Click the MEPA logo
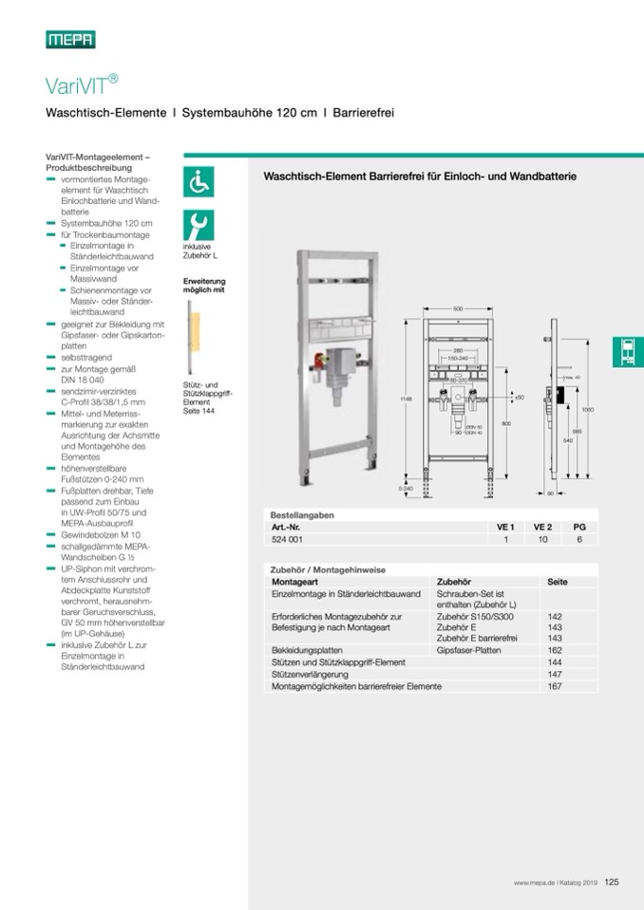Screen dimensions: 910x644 pyautogui.click(x=70, y=39)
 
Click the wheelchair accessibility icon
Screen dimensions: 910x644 pyautogui.click(x=199, y=180)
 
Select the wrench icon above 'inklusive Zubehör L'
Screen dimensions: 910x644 pyautogui.click(x=199, y=225)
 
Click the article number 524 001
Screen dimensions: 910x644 pyautogui.click(x=287, y=539)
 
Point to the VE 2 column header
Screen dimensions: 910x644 pyautogui.click(x=542, y=527)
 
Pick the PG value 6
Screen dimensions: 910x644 pyautogui.click(x=579, y=539)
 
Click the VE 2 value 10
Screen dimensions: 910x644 pyautogui.click(x=542, y=539)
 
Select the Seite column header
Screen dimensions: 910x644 pyautogui.click(x=557, y=581)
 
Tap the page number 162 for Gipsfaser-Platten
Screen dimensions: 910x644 pyautogui.click(x=556, y=650)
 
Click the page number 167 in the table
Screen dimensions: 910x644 pyautogui.click(x=556, y=685)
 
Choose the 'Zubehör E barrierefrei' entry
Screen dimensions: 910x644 pyautogui.click(x=474, y=639)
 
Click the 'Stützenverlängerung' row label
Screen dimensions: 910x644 pyautogui.click(x=310, y=674)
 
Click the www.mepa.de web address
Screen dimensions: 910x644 pyautogui.click(x=534, y=882)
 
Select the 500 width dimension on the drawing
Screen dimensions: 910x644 pyautogui.click(x=457, y=309)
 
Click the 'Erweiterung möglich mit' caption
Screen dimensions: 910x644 pyautogui.click(x=204, y=285)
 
